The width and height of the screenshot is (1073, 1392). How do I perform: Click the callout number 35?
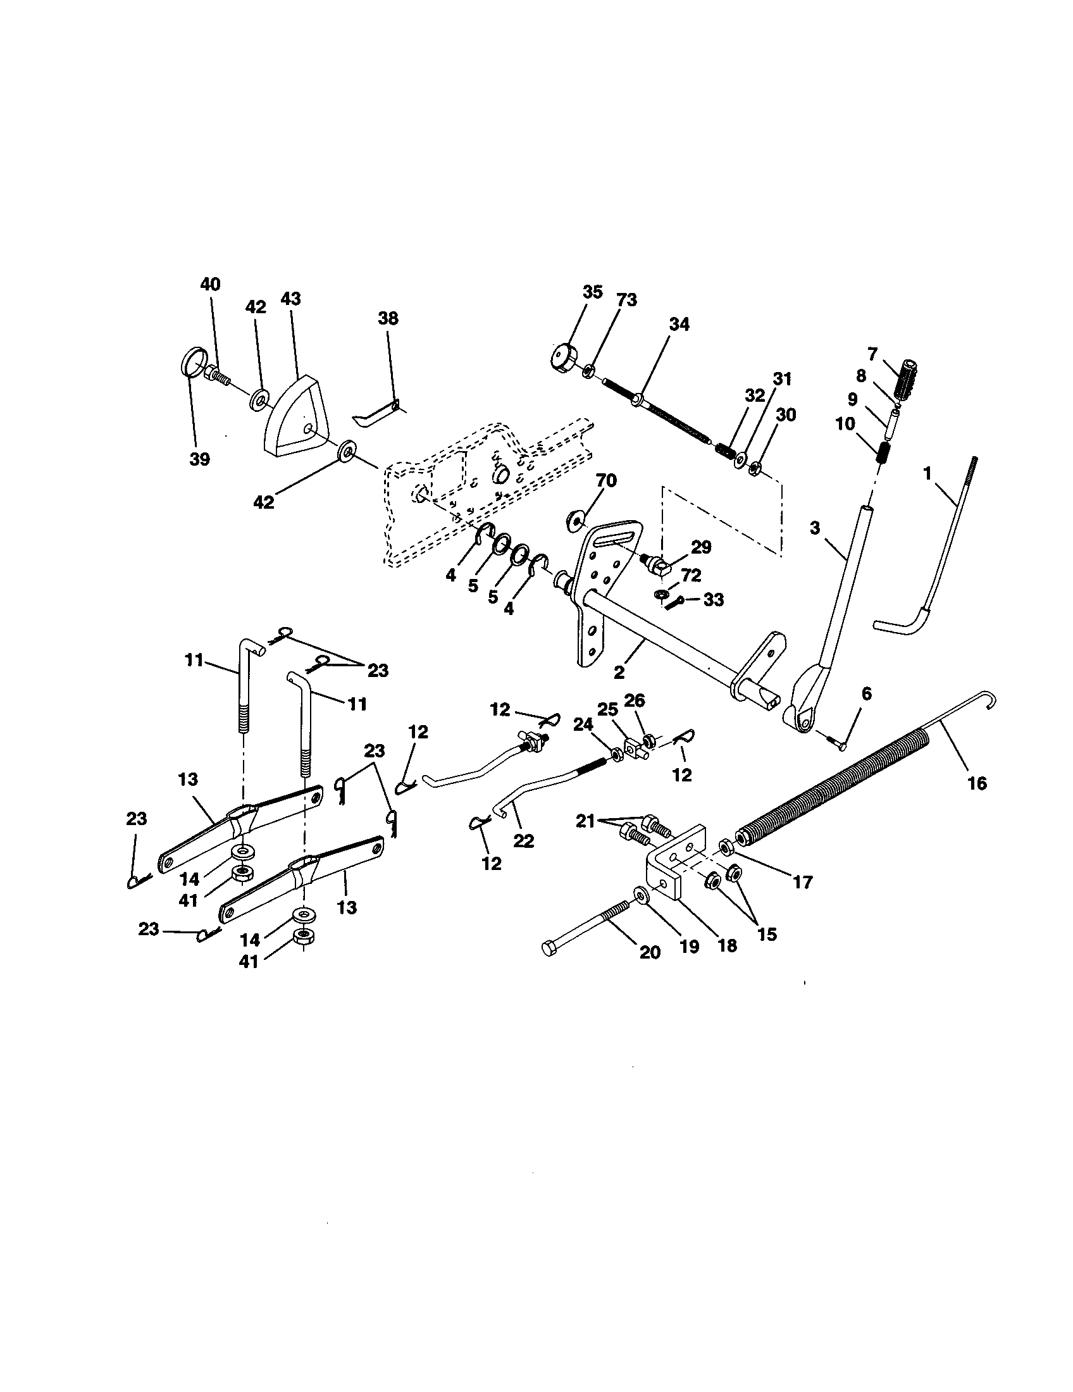592,292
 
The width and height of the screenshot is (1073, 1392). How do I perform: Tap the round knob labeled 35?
562,356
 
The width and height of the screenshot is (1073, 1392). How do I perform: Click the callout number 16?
976,783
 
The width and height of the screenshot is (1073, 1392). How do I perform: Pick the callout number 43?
290,299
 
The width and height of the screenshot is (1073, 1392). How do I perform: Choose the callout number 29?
701,547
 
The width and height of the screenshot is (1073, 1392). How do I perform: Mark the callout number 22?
524,841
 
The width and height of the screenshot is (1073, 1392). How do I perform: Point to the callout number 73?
626,299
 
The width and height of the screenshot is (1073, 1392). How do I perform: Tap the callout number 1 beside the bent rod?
927,473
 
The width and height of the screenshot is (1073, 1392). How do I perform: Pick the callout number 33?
713,599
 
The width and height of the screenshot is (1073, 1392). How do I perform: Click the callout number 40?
210,284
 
